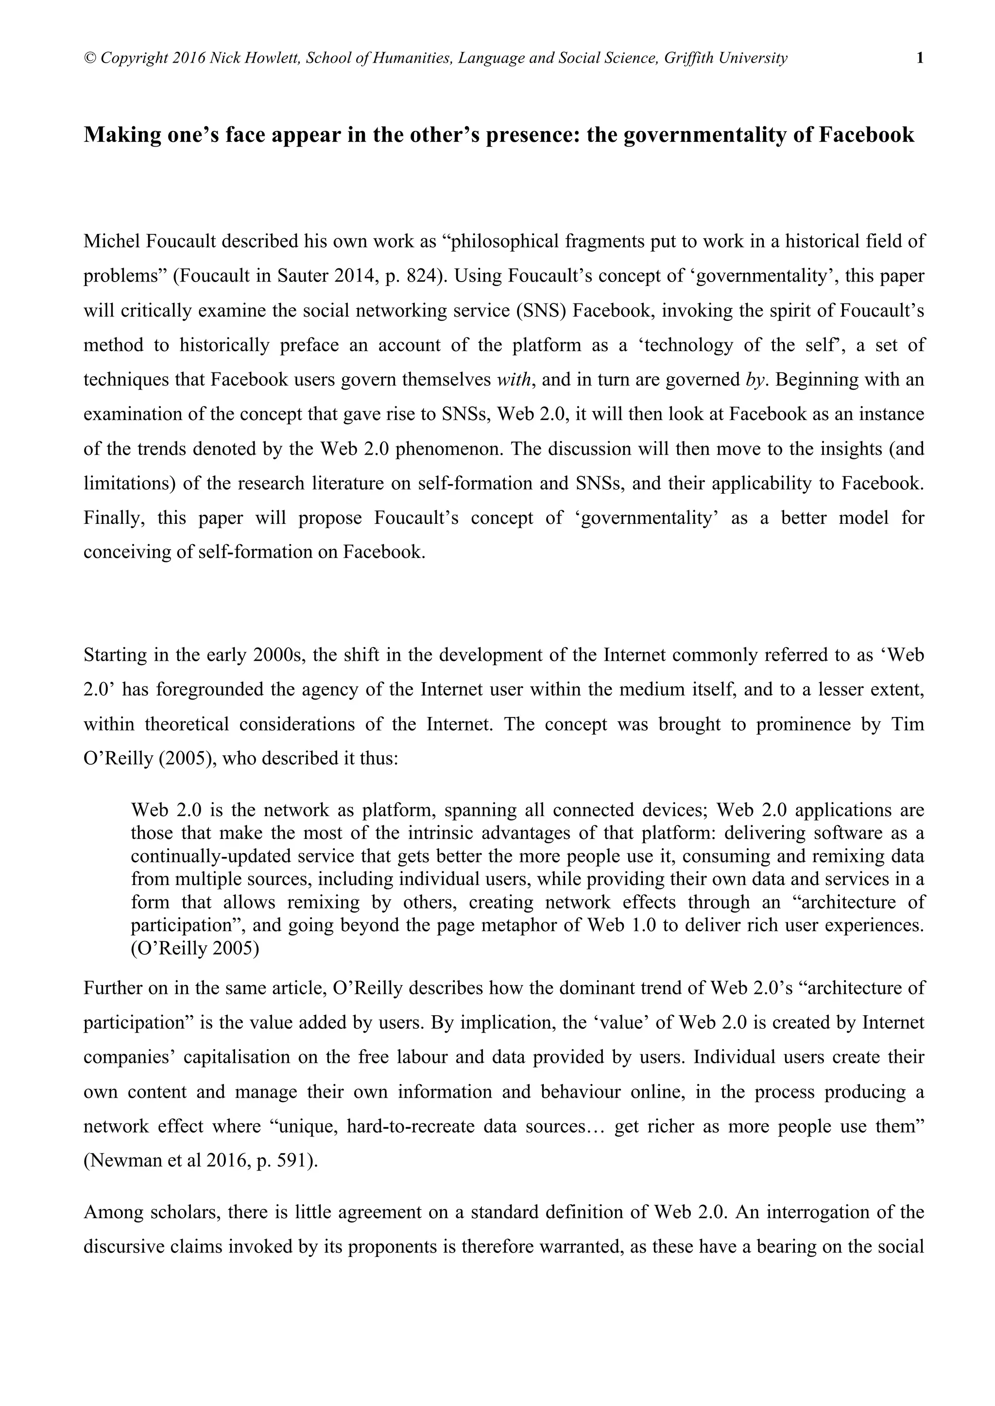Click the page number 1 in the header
coord(920,58)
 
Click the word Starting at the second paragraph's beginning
coord(115,655)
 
